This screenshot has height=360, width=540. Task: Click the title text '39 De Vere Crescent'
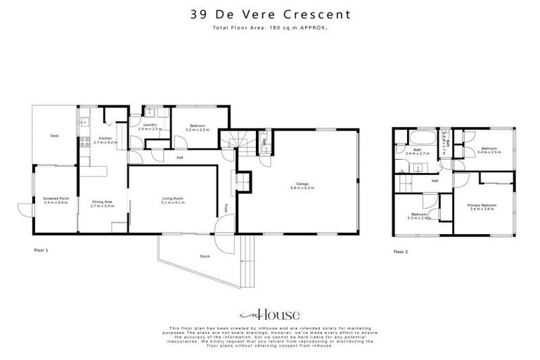point(271,14)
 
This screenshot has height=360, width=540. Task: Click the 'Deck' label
point(54,136)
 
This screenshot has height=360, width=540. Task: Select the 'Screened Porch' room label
point(55,200)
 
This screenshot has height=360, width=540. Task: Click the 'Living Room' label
point(172,200)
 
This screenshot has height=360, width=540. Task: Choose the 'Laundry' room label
point(150,127)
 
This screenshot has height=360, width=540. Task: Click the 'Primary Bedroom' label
point(482,206)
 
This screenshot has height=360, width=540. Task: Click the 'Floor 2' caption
point(401,251)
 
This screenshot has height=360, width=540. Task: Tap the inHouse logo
point(270,315)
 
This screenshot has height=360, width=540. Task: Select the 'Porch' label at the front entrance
point(205,256)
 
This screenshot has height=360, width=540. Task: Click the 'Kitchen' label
point(105,139)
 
